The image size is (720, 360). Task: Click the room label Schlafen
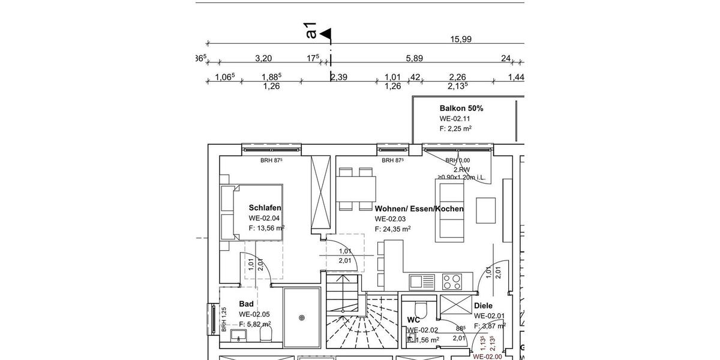click(265, 208)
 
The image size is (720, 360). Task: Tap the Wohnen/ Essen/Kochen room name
click(419, 209)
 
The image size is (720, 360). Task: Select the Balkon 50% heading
click(461, 109)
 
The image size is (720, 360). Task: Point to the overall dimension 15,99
click(460, 39)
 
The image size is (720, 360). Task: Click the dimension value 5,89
click(415, 58)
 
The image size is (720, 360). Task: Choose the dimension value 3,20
click(263, 58)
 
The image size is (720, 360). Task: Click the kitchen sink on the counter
click(421, 281)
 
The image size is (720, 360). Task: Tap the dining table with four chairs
click(355, 190)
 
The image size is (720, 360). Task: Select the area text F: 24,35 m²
click(392, 229)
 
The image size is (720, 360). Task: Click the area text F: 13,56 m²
click(266, 228)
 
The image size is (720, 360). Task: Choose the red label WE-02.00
click(487, 356)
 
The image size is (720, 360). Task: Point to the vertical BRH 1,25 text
click(224, 319)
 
